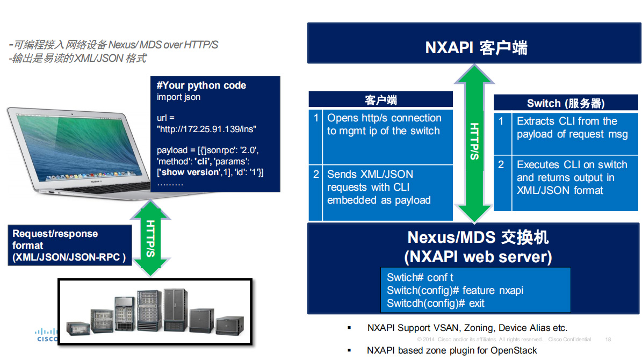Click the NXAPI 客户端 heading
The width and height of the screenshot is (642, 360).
(x=476, y=48)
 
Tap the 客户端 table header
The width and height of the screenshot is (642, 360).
(x=380, y=100)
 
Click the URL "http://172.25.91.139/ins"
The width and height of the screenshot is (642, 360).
(x=206, y=129)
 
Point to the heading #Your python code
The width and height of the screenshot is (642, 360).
(x=201, y=85)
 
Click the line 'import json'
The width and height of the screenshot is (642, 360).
(x=178, y=97)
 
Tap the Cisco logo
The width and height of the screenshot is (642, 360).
(x=47, y=335)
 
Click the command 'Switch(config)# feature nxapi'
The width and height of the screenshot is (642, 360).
(x=455, y=291)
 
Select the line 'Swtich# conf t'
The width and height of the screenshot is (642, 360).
(x=420, y=278)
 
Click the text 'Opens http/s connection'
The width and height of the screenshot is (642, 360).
(x=384, y=118)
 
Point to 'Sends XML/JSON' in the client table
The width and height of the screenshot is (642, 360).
(x=370, y=175)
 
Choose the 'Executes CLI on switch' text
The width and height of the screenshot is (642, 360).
(x=572, y=165)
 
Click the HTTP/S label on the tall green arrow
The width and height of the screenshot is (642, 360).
(x=475, y=141)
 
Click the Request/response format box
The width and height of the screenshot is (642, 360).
(x=69, y=246)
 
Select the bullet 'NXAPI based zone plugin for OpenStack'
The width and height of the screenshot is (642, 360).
(x=452, y=350)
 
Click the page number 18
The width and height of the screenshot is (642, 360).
(x=608, y=340)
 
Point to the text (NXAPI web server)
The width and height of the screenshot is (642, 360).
(x=478, y=257)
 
